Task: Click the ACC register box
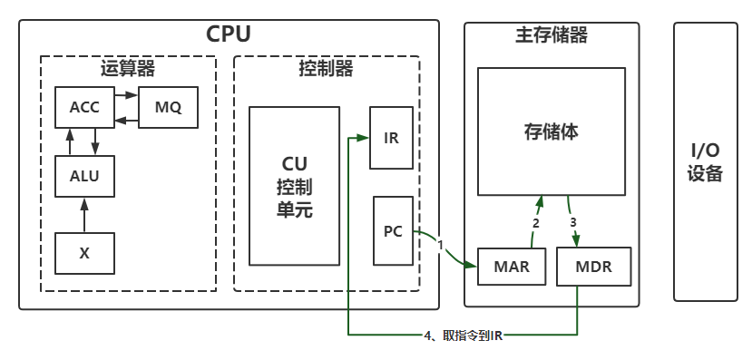pos(84,107)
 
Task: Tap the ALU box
pos(84,176)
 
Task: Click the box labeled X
pos(84,253)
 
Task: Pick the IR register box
pos(391,138)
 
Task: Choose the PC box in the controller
pos(392,230)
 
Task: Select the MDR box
pos(594,267)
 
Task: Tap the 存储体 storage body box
pos(551,131)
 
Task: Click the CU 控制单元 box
pos(295,186)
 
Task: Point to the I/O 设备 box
pos(705,162)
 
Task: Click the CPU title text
pos(229,34)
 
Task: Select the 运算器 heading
pos(127,68)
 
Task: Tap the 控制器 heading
pos(326,68)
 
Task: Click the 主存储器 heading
pos(551,35)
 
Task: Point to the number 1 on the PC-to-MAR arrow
pos(440,245)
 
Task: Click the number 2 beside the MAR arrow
pos(535,222)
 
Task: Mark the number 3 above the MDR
pos(572,221)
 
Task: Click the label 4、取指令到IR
pos(463,336)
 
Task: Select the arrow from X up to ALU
pos(84,214)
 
